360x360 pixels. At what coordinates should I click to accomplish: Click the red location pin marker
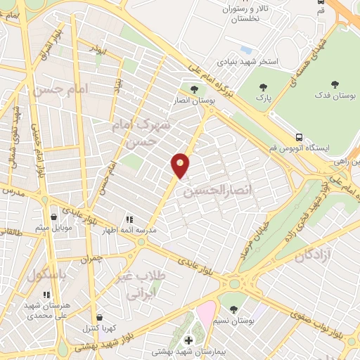(181, 165)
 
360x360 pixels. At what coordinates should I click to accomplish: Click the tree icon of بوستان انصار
(194, 89)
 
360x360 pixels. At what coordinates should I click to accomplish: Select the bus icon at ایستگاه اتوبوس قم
(300, 137)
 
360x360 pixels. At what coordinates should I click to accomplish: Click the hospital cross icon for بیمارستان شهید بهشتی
(188, 340)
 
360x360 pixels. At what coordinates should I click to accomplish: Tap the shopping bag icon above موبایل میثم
(54, 217)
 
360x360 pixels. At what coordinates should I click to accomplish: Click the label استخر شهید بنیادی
(248, 62)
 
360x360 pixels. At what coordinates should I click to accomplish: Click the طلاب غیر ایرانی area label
(144, 283)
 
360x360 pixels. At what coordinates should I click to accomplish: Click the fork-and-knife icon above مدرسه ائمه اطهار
(128, 219)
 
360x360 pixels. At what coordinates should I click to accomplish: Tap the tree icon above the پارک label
(264, 87)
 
